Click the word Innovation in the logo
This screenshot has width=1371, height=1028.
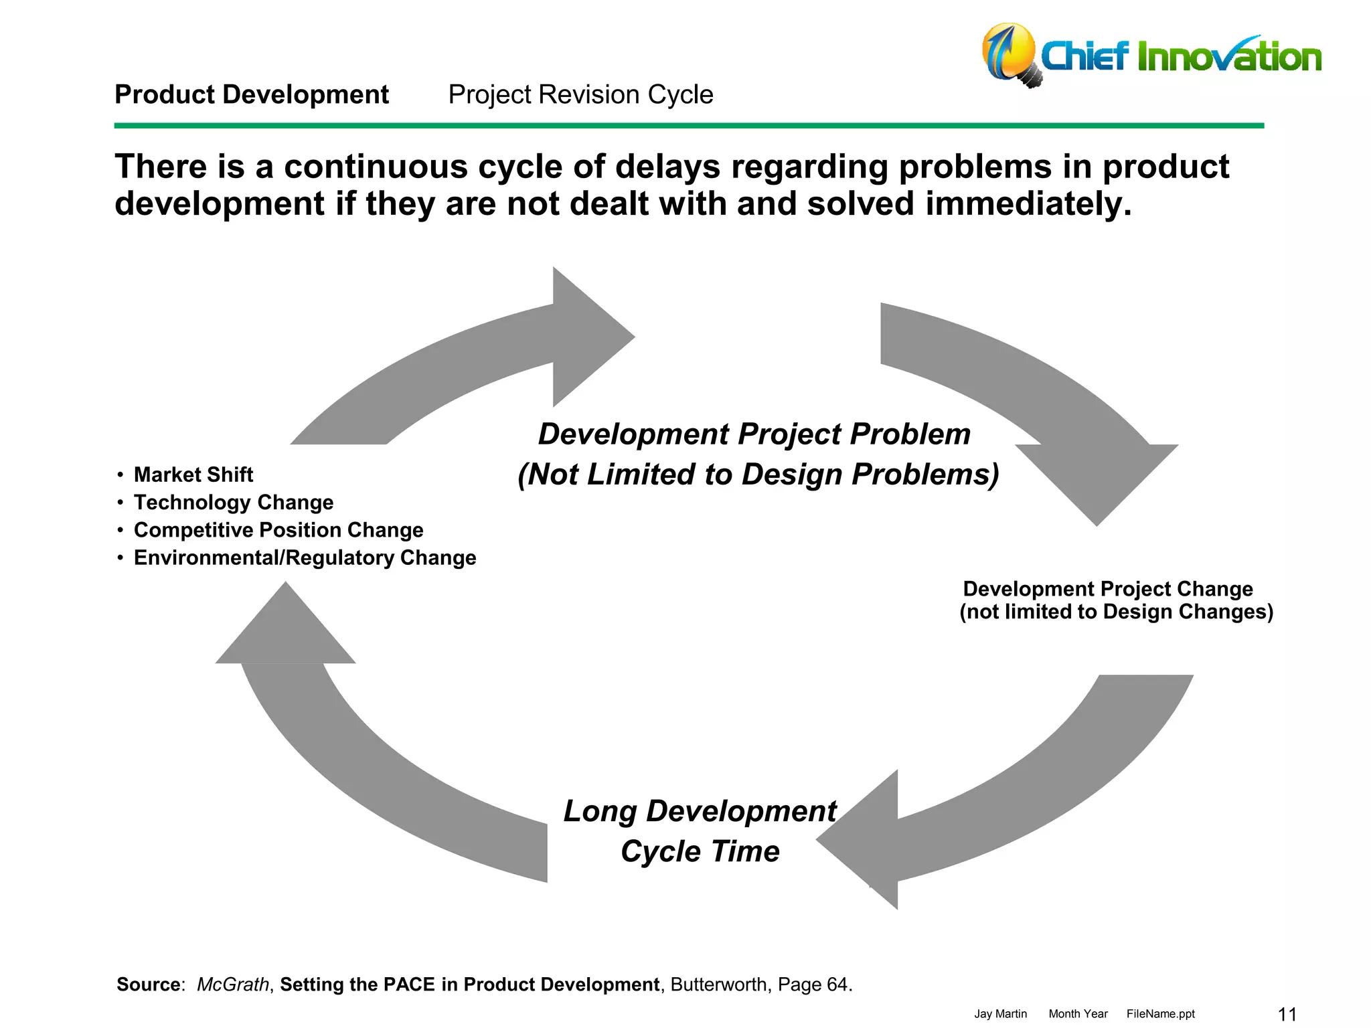[1229, 56]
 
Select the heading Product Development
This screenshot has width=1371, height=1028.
[252, 94]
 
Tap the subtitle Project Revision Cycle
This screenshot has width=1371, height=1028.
[580, 94]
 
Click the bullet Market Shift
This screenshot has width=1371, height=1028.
[193, 475]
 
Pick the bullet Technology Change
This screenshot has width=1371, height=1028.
[233, 502]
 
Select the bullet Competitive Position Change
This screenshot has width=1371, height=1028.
[278, 530]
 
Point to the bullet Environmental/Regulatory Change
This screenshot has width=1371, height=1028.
[305, 558]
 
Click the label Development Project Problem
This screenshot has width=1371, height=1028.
[754, 434]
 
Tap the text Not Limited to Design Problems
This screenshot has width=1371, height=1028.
[758, 475]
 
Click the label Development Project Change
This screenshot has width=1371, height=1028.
[1107, 589]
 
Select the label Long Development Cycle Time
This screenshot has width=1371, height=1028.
[700, 831]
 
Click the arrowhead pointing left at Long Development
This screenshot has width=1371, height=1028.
[864, 839]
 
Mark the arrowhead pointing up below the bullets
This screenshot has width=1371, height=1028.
[286, 629]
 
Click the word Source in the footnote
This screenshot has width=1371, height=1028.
[148, 984]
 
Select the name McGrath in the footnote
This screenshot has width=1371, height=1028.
[232, 984]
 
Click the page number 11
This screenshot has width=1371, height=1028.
[1287, 1014]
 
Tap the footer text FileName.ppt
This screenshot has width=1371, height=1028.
[1160, 1014]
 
